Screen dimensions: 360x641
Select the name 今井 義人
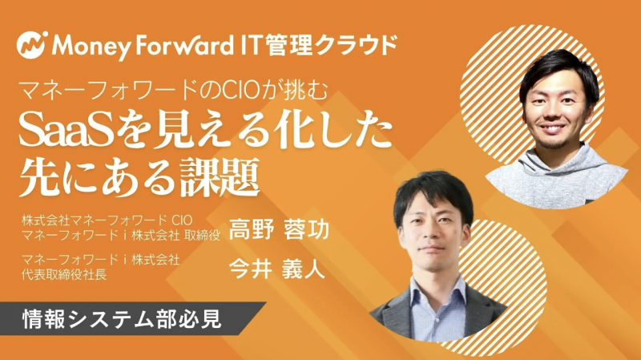click(276, 269)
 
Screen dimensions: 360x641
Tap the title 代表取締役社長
click(59, 273)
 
